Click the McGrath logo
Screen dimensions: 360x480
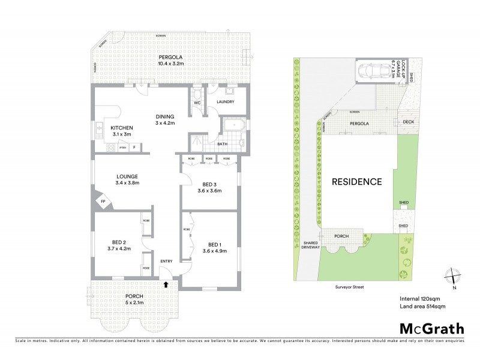pos(432,329)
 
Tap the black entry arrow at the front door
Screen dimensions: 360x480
pos(166,286)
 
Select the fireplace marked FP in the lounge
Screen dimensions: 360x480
pos(103,201)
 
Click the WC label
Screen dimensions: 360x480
pos(196,102)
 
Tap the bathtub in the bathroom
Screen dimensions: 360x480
pos(231,127)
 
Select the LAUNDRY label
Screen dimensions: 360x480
pos(226,101)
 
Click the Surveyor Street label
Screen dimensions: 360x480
pos(350,287)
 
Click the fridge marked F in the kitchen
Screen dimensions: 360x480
pos(134,147)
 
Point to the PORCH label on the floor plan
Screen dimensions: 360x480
pos(134,296)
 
